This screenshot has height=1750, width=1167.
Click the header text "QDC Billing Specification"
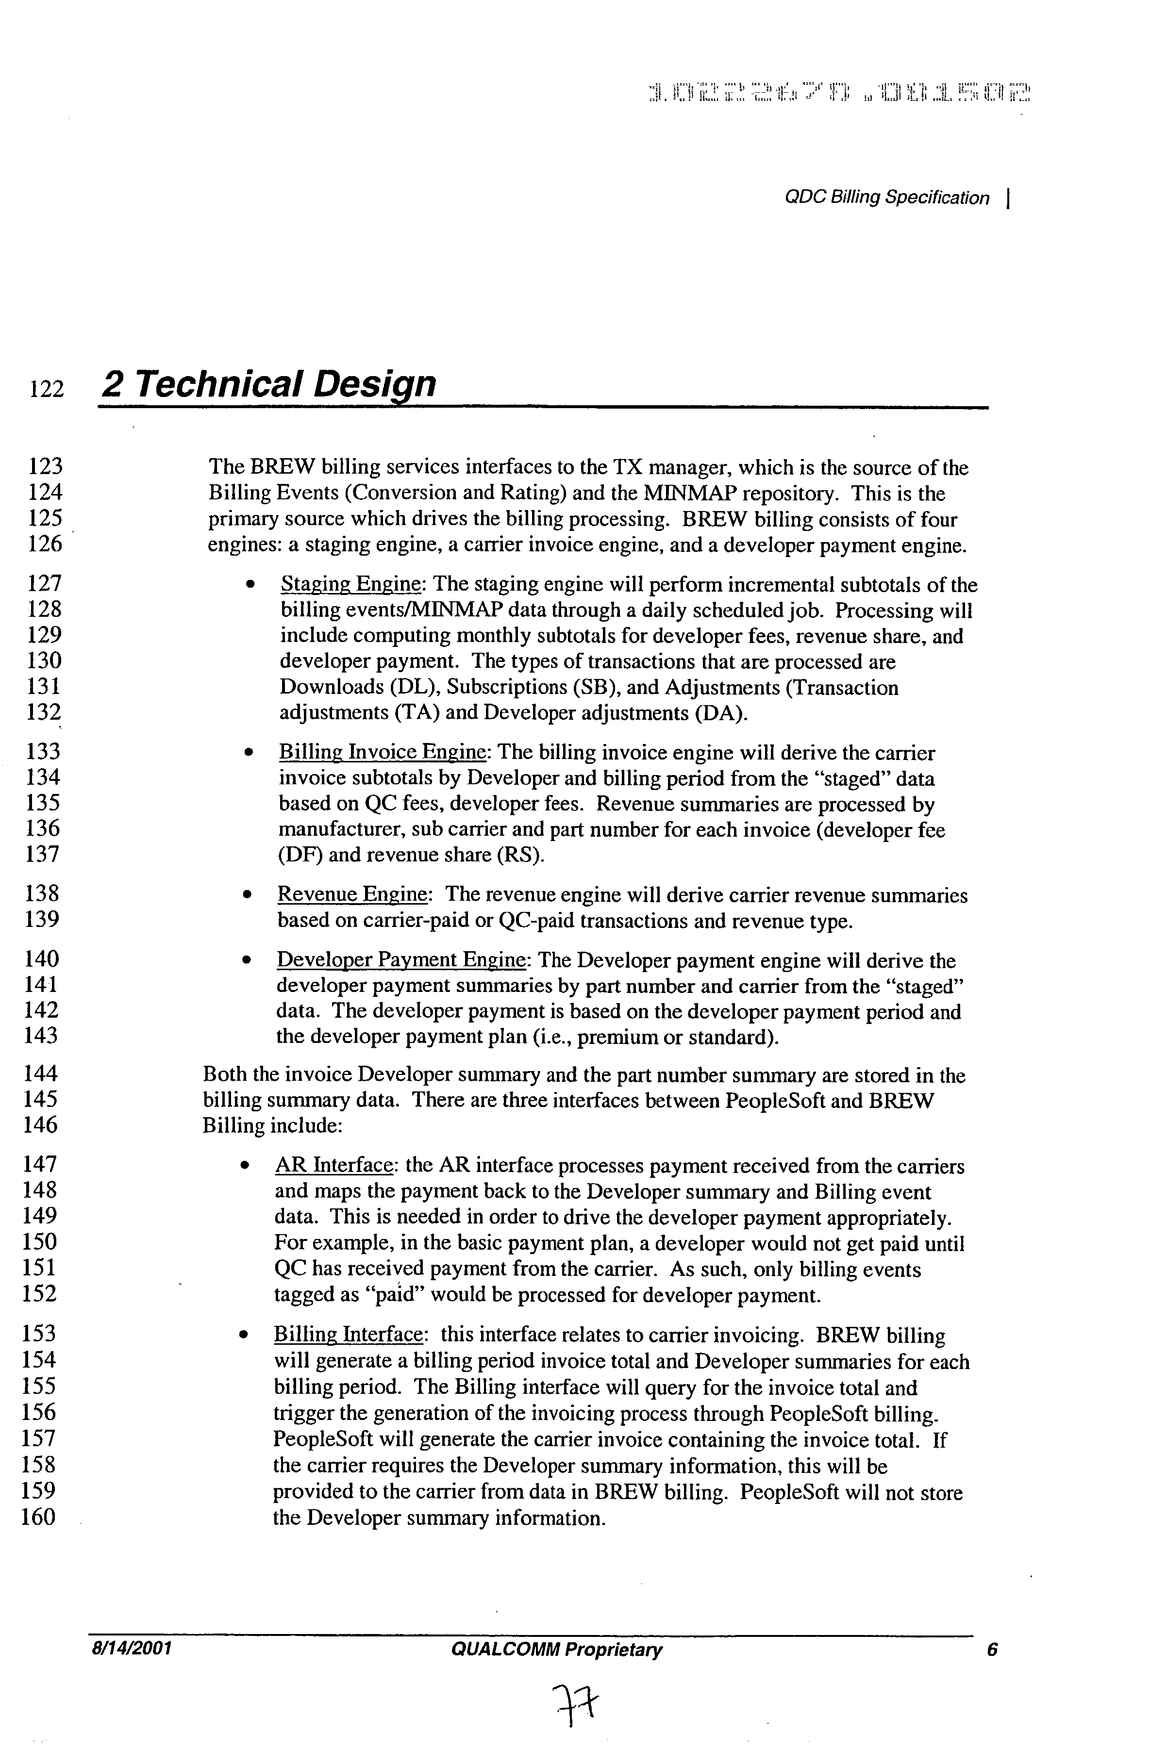click(x=887, y=198)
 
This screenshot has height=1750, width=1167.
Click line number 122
click(x=46, y=389)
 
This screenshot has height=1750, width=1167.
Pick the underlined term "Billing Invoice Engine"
click(x=383, y=753)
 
